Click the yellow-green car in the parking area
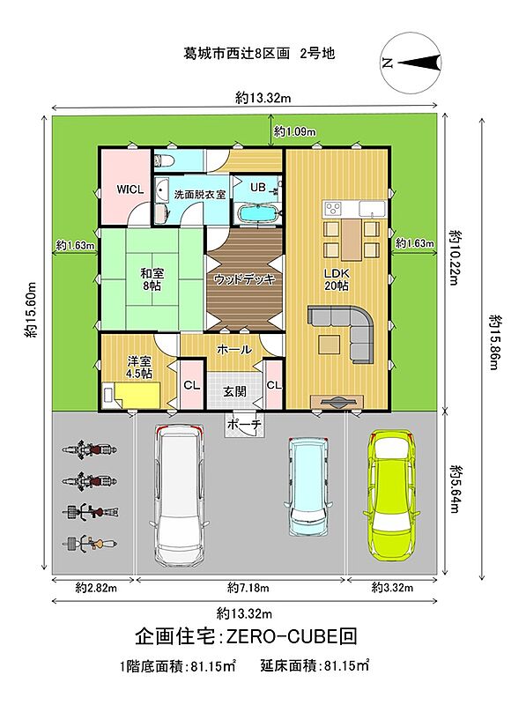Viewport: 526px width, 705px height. (390, 493)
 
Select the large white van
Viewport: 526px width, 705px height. (182, 495)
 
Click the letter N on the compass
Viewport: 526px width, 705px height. (387, 63)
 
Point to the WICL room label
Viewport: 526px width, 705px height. (130, 189)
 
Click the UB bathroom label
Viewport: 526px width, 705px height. (257, 187)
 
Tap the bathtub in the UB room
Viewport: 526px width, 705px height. (257, 215)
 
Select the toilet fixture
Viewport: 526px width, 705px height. (162, 159)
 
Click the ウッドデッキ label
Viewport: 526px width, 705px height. (245, 279)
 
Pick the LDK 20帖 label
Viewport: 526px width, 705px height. (337, 278)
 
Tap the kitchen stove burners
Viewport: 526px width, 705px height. (333, 208)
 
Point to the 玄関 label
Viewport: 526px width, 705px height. (234, 391)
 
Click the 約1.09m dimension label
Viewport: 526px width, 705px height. (294, 131)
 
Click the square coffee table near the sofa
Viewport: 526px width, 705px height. (330, 345)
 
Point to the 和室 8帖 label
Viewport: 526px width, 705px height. (152, 278)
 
